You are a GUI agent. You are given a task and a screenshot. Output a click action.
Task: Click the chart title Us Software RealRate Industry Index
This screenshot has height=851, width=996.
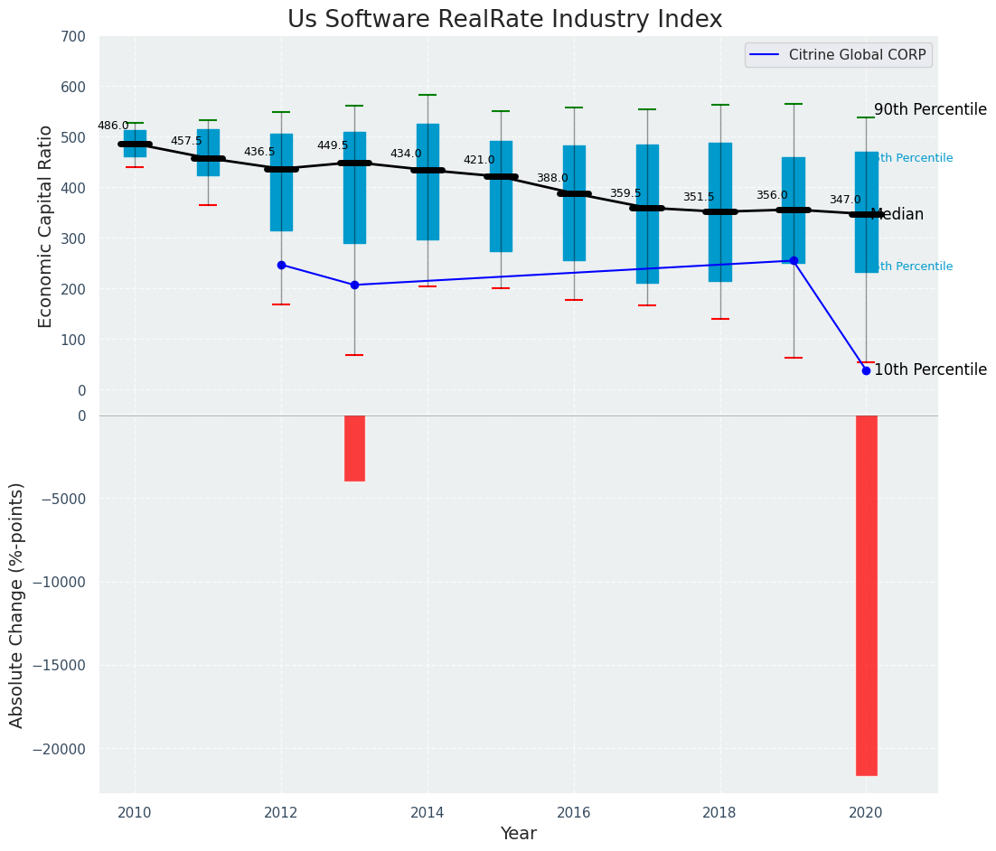pos(504,20)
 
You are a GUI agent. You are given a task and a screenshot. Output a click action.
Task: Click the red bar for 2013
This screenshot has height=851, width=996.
pos(354,448)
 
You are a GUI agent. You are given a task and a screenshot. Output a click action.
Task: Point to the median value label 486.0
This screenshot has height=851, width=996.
pos(113,126)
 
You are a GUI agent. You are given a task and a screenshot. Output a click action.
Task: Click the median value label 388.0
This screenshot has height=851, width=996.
pos(552,179)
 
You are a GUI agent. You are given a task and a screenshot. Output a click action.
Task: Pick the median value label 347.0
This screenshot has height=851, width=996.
pos(845,201)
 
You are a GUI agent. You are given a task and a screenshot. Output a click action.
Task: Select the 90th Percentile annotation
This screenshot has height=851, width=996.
pos(930,109)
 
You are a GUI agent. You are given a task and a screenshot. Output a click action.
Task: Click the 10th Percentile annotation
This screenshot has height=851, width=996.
pos(930,370)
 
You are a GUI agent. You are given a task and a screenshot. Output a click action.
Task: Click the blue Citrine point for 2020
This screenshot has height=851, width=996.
pos(866,370)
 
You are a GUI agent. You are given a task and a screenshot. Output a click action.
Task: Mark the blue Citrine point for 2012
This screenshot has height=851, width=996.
pos(281,265)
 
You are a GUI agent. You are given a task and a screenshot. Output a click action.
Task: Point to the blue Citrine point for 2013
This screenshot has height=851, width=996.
pos(354,285)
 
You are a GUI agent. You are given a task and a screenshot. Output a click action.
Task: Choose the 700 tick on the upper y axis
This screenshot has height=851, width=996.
pos(74,37)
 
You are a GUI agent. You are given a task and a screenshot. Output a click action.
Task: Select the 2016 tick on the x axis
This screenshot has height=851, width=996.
pos(574,812)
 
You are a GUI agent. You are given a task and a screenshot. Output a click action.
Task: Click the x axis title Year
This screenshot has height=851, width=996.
pos(519,834)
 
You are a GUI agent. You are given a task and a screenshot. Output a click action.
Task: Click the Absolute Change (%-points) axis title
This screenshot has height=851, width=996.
pos(17,604)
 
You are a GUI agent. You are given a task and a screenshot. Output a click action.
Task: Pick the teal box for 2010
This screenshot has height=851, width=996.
pos(135,144)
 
